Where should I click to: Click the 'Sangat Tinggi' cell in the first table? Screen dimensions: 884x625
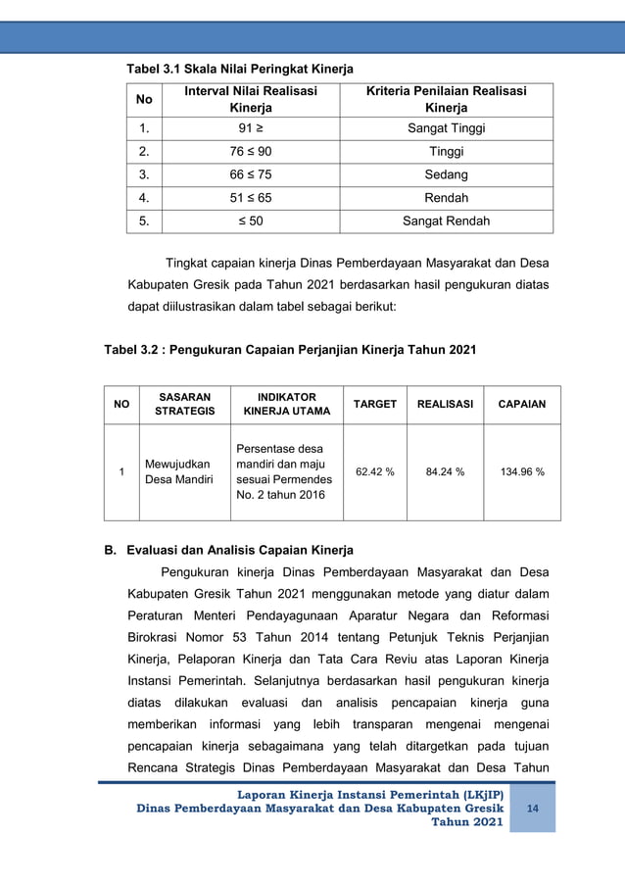coord(446,128)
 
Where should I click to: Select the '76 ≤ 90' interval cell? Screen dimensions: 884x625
coord(251,152)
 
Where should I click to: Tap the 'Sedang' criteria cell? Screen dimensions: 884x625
coord(446,174)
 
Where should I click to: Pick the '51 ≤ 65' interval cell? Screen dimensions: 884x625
coord(251,198)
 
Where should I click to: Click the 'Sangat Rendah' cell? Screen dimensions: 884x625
coord(446,221)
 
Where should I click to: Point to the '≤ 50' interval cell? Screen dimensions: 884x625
coord(251,221)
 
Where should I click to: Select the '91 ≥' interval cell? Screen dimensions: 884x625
coord(251,128)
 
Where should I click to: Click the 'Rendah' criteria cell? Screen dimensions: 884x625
coord(446,198)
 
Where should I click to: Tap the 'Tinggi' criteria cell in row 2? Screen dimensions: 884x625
coord(446,152)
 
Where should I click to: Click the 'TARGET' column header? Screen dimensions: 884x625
coord(375,404)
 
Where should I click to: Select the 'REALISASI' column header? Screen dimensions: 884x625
coord(445,404)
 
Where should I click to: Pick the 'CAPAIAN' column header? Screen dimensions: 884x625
coord(522,404)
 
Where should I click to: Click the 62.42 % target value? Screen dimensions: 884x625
coord(375,471)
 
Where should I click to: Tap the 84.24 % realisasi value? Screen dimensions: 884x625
coord(445,471)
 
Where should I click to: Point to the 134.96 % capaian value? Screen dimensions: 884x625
coord(522,471)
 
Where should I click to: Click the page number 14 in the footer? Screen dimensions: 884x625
coord(533,808)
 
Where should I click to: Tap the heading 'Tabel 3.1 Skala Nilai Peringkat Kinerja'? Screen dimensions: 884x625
coord(236,69)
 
